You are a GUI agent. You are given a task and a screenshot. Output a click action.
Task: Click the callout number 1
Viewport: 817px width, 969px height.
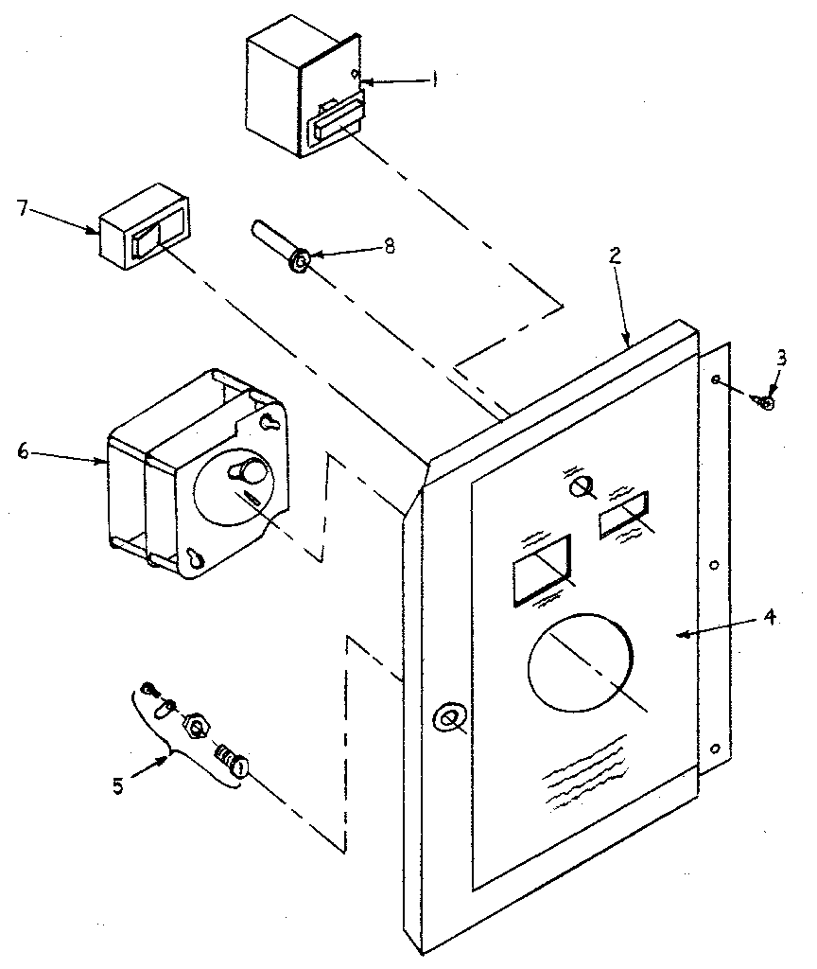point(436,81)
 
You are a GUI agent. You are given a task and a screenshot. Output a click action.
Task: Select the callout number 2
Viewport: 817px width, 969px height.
point(615,255)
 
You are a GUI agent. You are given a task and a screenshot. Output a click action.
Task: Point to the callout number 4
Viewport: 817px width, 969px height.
point(770,618)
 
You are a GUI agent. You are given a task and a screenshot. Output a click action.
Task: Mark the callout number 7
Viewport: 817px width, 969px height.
point(20,206)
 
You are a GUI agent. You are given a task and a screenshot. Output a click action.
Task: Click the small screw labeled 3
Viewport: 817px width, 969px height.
point(765,402)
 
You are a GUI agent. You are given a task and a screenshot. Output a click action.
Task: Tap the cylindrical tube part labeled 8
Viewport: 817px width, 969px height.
point(278,245)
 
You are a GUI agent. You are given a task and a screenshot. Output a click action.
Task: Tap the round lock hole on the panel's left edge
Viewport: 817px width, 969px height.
point(447,719)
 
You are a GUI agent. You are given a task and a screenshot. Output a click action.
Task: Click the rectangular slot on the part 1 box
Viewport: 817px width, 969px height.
point(334,124)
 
